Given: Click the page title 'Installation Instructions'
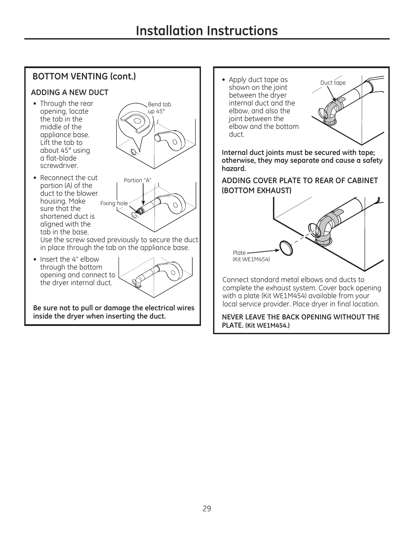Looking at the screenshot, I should pos(207,30).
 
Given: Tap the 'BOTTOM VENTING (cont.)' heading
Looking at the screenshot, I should pos(84,76).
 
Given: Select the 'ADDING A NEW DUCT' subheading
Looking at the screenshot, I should pos(69,92).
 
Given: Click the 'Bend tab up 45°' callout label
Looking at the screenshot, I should pos(159,108).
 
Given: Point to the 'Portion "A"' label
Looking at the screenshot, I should pos(137,180).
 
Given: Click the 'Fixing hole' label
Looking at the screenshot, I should pos(114,203).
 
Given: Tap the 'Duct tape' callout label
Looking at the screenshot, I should pos(333,83).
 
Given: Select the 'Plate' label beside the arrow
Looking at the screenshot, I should pos(239,253).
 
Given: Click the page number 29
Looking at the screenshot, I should pos(207,508).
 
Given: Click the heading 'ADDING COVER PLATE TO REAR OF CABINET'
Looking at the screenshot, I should pos(300,181).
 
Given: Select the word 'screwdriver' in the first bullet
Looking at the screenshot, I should pos(59,166).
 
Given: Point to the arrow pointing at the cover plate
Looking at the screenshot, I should pos(263,251).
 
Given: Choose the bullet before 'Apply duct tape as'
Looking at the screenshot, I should pos(223,80).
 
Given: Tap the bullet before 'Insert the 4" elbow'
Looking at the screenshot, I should pos(35,260).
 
